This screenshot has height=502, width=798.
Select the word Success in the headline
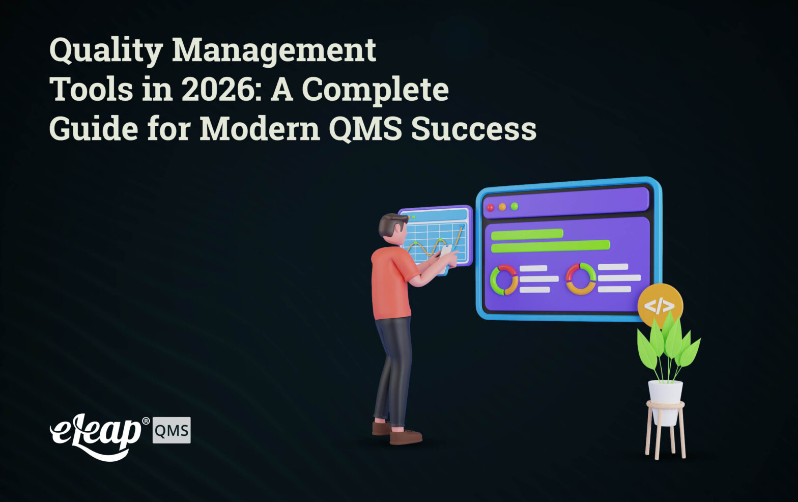[473, 128]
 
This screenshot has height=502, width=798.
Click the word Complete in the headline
[375, 90]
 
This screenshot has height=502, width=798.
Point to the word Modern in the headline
[259, 128]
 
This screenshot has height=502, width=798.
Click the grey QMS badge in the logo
[172, 431]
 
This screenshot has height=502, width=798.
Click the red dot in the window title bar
[491, 208]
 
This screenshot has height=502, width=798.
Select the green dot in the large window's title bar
[515, 206]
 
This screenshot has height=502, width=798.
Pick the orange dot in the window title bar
[502, 207]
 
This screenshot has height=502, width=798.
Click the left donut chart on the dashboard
[504, 280]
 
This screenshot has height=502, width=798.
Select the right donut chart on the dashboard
[581, 278]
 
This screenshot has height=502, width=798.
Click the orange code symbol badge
[660, 305]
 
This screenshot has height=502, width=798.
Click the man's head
[393, 227]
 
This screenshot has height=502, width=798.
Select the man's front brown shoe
[406, 436]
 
